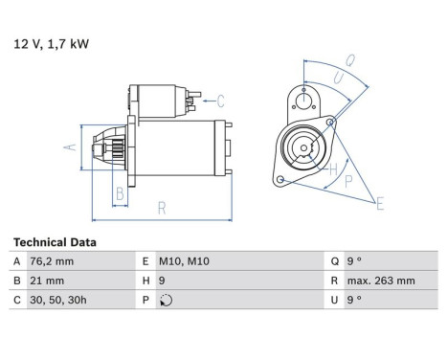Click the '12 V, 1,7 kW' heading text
tap(51, 44)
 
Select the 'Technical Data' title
tap(55, 242)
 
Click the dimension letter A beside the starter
tap(70, 147)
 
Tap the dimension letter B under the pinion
tap(120, 193)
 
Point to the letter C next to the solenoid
tap(220, 101)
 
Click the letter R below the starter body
tap(162, 209)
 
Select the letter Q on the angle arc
tap(350, 60)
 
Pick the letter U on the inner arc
tap(339, 79)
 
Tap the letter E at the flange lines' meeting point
tap(380, 204)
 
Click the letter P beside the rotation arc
tap(348, 181)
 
